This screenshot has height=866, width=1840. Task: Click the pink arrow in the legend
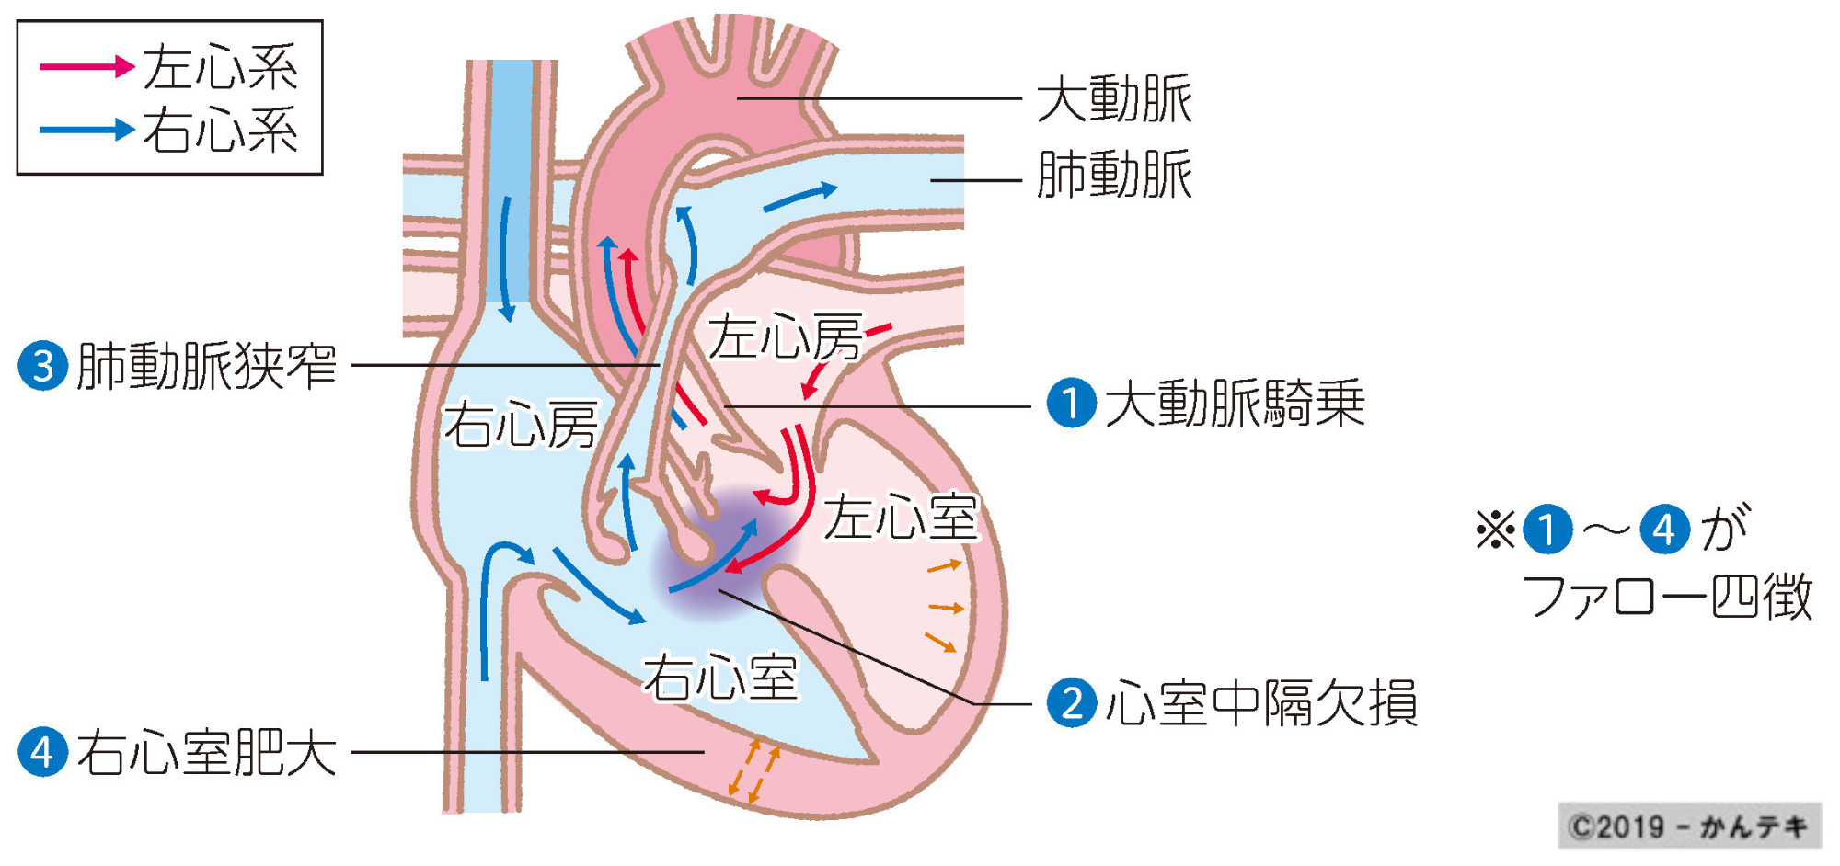click(86, 66)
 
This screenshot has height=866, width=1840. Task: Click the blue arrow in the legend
click(86, 129)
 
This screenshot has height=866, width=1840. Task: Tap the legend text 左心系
click(221, 66)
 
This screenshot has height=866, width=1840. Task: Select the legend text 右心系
click(221, 130)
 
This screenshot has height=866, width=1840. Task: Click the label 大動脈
click(1114, 99)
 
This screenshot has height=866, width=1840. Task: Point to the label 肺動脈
click(1114, 175)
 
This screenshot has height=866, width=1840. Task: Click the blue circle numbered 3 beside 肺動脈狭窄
click(43, 366)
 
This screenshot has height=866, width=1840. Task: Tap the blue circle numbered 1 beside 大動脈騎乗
click(1072, 403)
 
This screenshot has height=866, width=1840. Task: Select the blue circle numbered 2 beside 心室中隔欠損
click(1072, 703)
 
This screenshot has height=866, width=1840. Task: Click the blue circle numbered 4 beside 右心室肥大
click(43, 752)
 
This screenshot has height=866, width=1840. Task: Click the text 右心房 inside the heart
click(521, 425)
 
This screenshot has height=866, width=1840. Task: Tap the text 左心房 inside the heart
click(785, 336)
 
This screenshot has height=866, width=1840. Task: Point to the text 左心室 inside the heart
click(900, 517)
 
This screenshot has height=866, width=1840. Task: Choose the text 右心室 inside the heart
click(719, 678)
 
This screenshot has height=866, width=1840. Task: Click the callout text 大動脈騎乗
click(1235, 404)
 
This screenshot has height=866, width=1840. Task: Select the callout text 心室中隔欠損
click(1260, 704)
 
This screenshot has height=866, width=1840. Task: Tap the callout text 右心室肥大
click(206, 753)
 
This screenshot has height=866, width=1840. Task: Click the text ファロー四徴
click(1667, 597)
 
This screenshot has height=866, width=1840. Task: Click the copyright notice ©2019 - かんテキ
click(1689, 826)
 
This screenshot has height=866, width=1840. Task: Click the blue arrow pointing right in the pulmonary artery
click(800, 197)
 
